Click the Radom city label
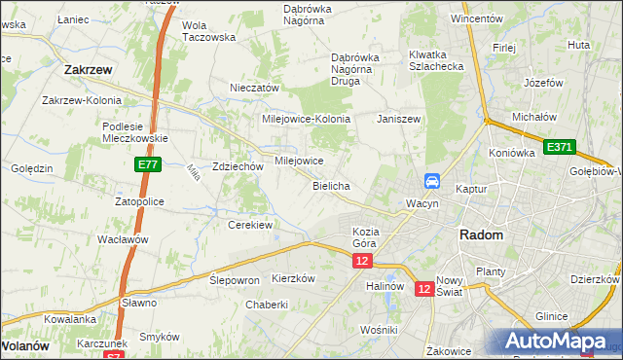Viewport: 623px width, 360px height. click(x=481, y=235)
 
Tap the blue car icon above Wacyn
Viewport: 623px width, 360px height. click(x=432, y=181)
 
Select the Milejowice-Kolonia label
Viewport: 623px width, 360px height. click(x=306, y=119)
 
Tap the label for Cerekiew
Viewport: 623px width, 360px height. click(x=249, y=225)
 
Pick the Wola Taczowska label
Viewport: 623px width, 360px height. click(x=209, y=31)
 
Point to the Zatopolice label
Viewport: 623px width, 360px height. click(x=139, y=201)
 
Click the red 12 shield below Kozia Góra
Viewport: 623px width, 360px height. click(x=362, y=262)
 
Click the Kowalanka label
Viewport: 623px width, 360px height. click(x=69, y=319)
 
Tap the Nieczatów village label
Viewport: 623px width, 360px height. click(x=254, y=88)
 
